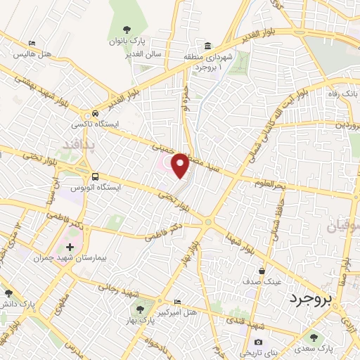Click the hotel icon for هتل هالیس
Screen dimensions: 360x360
click(31, 43)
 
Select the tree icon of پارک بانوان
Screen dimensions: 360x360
click(127, 30)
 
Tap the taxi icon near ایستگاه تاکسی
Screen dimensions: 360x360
click(94, 114)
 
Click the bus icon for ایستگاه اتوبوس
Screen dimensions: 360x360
click(94, 176)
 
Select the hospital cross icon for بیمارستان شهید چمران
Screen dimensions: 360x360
click(69, 247)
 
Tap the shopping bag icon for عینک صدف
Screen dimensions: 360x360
click(262, 271)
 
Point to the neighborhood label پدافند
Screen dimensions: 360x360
click(84, 145)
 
